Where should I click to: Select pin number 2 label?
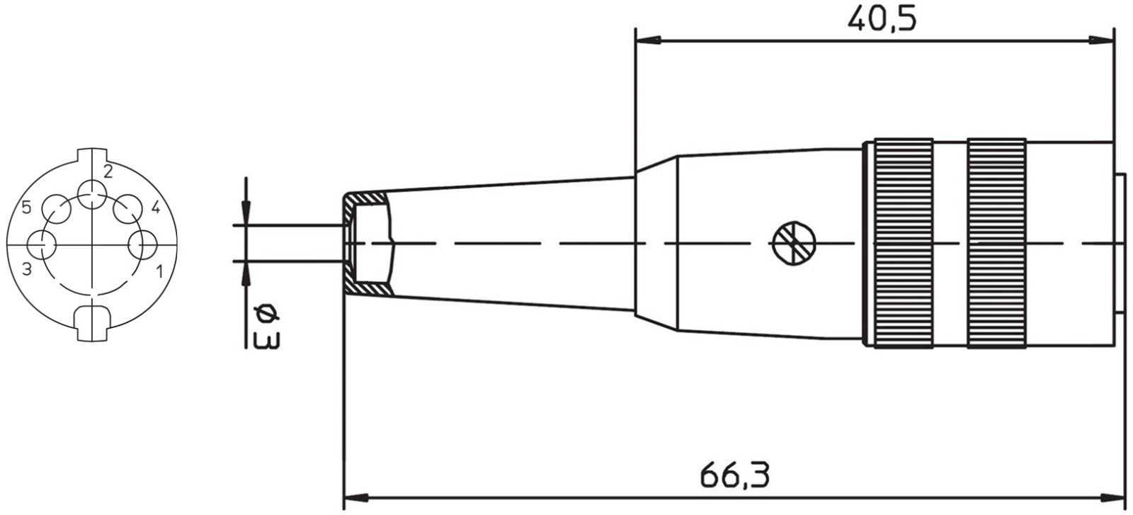point(108,172)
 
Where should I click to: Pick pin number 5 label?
point(26,207)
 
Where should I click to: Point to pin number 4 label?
point(156,207)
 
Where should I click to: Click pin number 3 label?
point(27,269)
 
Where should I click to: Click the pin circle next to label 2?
point(92,194)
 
